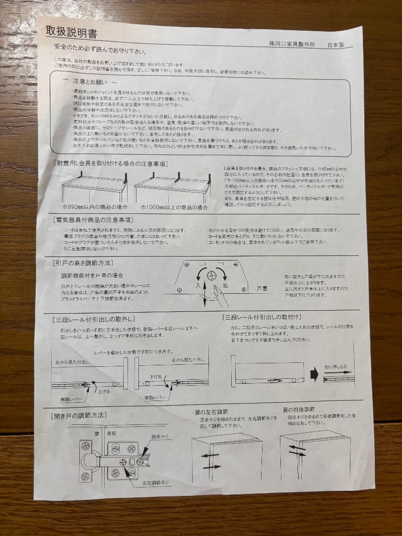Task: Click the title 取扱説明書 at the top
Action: pyautogui.click(x=71, y=33)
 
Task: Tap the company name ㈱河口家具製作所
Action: pyautogui.click(x=291, y=44)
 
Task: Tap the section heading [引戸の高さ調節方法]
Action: pyautogui.click(x=83, y=263)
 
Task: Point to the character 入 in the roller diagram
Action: pyautogui.click(x=198, y=286)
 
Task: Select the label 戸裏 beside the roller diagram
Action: pyautogui.click(x=263, y=288)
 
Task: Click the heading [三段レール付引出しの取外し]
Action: pyautogui.click(x=94, y=319)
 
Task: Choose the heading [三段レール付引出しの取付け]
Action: pyautogui.click(x=263, y=317)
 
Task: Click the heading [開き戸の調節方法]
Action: pyautogui.click(x=79, y=415)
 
